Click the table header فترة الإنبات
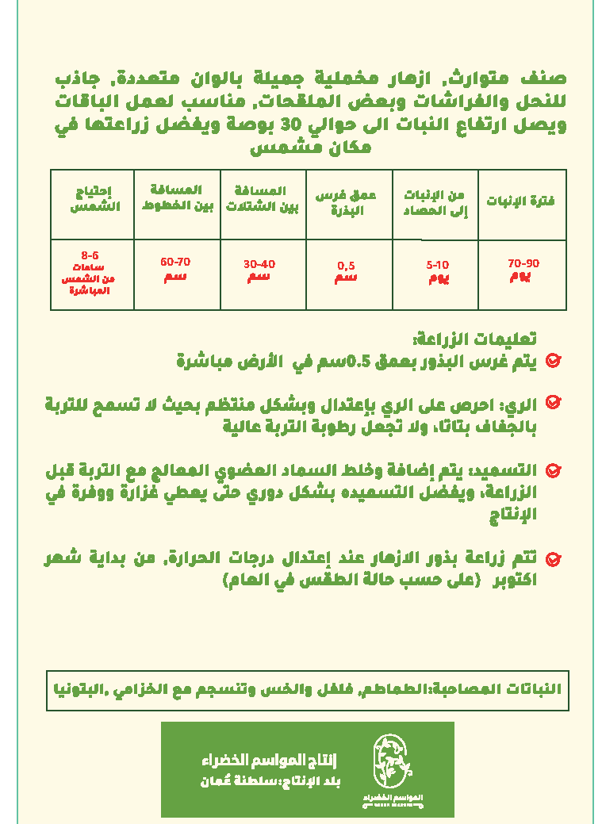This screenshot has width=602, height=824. point(520,201)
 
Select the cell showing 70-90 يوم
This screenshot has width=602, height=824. point(523,270)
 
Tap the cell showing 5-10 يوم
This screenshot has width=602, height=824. point(437,271)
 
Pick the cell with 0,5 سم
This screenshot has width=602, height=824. point(347,271)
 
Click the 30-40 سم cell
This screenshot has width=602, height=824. point(259,270)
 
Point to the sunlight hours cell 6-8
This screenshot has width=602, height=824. point(90,273)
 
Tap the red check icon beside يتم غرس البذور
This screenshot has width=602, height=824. point(554,361)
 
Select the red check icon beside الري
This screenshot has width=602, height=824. point(554,402)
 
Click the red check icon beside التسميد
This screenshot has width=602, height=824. point(554,471)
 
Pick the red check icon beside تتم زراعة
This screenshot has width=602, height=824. point(554,559)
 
